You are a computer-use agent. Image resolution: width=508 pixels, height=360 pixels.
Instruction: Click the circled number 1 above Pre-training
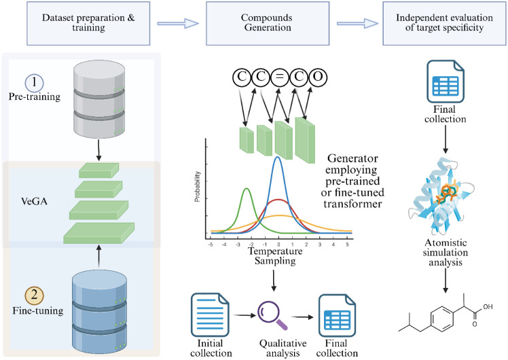point(34,82)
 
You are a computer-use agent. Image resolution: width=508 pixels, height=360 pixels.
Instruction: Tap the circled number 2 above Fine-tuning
point(35,295)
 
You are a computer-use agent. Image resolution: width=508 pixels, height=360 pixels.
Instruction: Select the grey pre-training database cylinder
point(99,99)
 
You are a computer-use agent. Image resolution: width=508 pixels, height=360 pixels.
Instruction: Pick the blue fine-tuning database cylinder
point(99,312)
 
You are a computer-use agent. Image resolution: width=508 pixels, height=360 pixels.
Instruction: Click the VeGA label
point(35,201)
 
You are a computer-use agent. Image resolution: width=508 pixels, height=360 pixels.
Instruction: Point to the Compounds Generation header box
point(268,23)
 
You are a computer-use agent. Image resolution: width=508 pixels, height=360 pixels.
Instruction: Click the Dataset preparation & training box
point(88,23)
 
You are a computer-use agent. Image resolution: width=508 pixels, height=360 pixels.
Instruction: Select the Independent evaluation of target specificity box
point(444,23)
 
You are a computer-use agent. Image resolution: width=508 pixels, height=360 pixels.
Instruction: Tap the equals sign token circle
point(280,77)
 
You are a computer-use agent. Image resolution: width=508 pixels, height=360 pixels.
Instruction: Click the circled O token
point(318,77)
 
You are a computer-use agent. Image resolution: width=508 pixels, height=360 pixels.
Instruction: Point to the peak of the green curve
point(247,189)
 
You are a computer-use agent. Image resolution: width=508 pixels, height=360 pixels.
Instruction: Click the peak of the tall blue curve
point(277,157)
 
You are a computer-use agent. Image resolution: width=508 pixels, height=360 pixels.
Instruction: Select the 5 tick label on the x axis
point(347,245)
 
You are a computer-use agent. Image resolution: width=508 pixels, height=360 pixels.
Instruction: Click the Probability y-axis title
point(198,187)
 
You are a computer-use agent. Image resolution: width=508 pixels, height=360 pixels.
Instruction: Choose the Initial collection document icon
point(210,315)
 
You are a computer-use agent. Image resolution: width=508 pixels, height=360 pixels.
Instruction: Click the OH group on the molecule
point(488,306)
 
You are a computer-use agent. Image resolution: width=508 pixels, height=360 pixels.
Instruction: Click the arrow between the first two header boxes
point(178,23)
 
